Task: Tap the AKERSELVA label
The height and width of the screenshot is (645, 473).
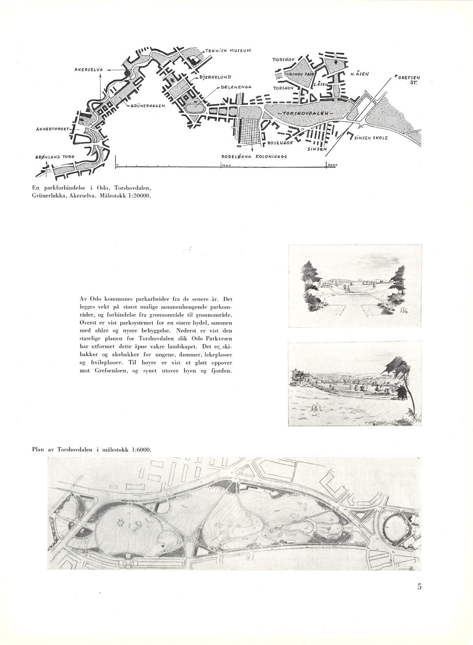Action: [88, 69]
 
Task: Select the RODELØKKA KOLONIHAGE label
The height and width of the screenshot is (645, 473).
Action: [254, 157]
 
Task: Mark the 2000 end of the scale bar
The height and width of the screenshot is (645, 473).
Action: [331, 166]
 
